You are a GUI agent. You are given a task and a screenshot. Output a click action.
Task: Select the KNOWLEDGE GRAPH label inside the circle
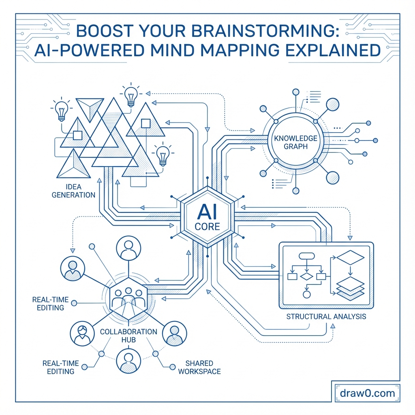(295, 142)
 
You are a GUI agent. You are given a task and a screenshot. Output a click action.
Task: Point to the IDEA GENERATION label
(73, 190)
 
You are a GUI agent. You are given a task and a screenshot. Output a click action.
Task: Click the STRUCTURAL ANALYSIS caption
(326, 316)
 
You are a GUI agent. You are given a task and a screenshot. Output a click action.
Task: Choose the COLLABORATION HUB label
(128, 335)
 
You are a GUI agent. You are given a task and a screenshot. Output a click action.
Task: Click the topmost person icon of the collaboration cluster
(128, 249)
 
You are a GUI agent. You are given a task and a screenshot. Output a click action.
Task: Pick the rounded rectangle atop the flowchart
(307, 256)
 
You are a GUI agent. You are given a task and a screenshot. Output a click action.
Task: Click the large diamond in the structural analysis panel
(351, 258)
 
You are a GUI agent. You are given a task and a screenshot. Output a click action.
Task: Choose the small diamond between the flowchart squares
(307, 276)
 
